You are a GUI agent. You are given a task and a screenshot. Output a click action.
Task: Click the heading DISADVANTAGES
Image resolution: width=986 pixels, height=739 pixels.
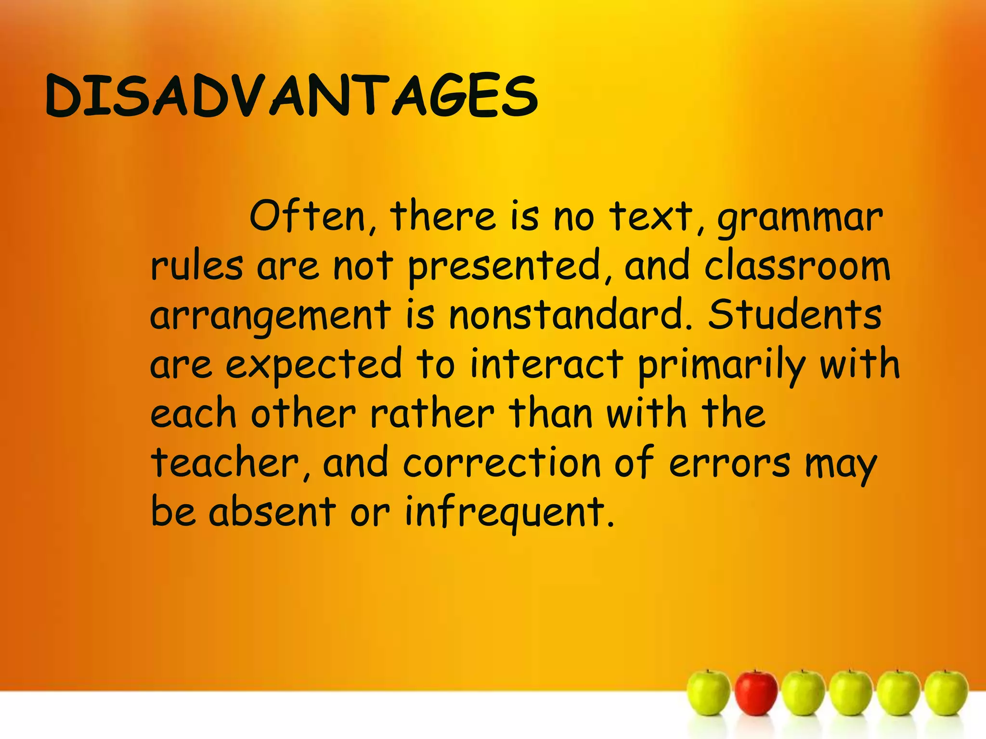291,96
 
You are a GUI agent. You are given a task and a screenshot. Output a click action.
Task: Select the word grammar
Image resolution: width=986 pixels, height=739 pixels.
800,219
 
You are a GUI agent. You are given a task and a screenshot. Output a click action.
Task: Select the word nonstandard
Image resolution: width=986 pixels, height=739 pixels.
571,315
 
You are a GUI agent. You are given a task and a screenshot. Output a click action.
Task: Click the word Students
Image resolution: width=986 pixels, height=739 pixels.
794,315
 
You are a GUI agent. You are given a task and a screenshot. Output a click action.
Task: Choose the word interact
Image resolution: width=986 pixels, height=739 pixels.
546,364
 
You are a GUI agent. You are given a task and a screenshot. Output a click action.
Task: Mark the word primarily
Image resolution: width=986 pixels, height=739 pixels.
721,366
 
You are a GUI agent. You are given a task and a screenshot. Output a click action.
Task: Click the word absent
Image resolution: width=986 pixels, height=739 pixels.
272,511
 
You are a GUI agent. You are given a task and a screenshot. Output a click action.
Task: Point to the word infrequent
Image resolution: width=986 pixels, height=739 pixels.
509,513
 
